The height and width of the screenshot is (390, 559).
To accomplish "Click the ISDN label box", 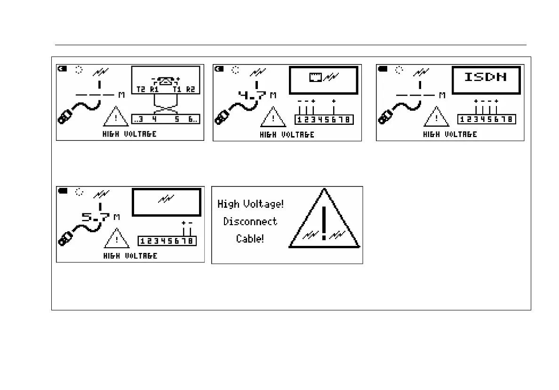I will point(486,80).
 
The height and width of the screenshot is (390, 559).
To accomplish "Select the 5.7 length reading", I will point(96,217).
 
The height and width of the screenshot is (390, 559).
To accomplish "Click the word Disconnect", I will point(250,221).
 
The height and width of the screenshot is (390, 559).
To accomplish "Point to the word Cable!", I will point(250,239).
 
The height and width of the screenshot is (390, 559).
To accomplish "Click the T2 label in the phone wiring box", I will point(141,89).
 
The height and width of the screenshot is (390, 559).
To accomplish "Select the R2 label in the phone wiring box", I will point(190,89).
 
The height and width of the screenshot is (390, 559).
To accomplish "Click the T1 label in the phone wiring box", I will point(177,89).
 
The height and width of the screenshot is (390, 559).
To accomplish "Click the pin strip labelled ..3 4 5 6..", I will point(166,120).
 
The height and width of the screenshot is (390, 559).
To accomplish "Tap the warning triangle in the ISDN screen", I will point(436,117).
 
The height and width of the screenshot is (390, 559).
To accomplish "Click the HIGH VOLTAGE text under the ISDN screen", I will point(450,134).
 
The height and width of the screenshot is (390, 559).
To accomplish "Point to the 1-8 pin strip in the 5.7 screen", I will point(167,241).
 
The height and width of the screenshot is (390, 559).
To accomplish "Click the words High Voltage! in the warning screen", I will point(250,204).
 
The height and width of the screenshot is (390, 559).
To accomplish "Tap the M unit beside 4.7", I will point(273,96).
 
